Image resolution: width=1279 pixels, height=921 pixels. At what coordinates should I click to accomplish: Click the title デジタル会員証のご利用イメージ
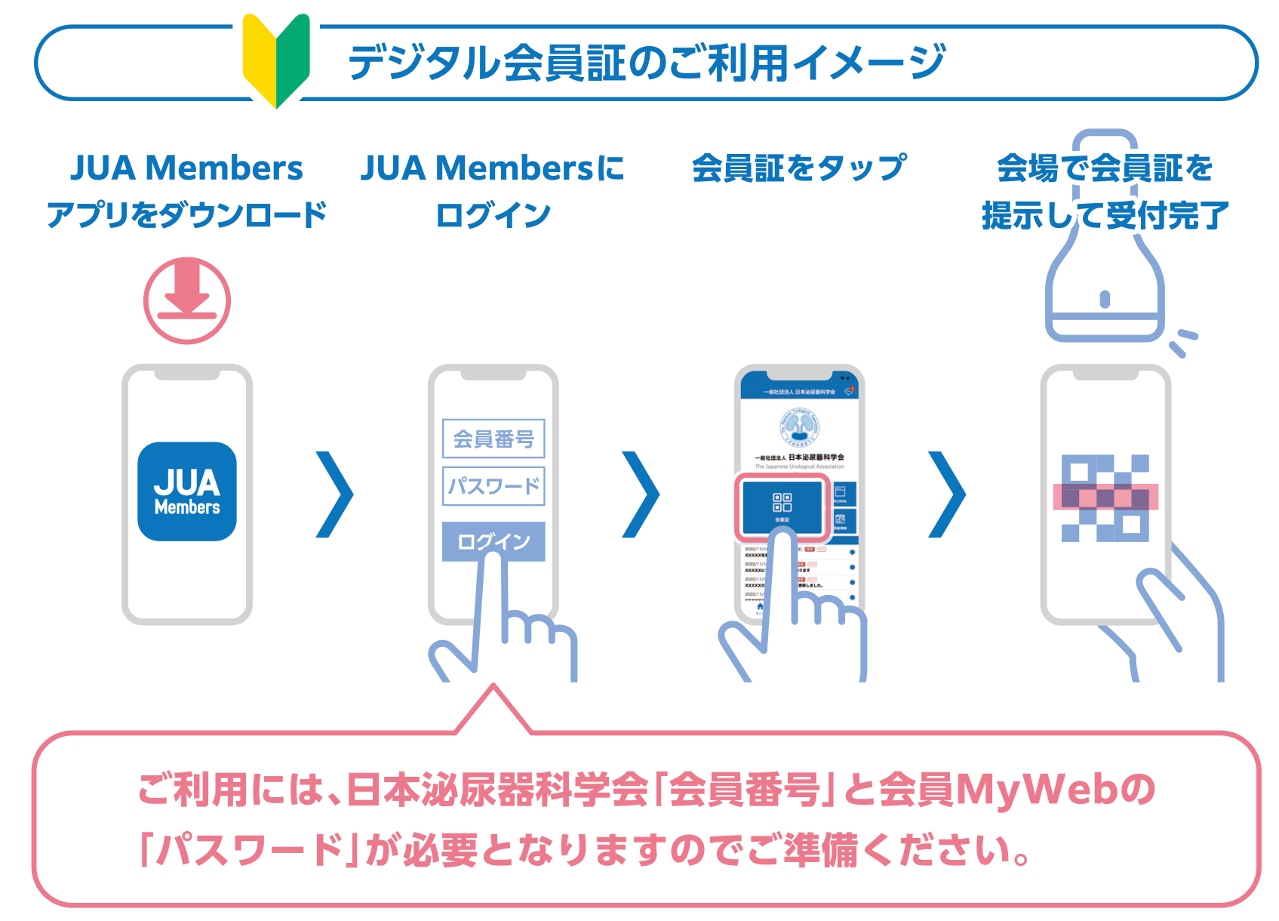(x=646, y=62)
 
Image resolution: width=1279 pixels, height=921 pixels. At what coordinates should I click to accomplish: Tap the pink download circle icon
(x=187, y=300)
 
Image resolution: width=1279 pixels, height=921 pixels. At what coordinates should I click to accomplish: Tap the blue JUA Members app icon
(x=187, y=491)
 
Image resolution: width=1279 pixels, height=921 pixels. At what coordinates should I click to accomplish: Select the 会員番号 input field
(x=493, y=439)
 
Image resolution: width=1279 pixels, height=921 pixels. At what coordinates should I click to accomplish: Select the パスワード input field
(x=493, y=486)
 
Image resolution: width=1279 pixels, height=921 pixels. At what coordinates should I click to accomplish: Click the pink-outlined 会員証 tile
(x=782, y=507)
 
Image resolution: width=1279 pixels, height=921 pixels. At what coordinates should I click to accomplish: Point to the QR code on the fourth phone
(x=1105, y=498)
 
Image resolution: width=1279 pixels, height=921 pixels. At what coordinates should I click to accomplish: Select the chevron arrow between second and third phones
(x=641, y=494)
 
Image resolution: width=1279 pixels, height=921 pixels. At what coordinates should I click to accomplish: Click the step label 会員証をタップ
(x=798, y=168)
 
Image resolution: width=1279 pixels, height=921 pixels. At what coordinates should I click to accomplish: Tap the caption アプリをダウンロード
(x=187, y=215)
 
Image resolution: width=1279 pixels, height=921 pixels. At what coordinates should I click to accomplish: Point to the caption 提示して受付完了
(x=1105, y=216)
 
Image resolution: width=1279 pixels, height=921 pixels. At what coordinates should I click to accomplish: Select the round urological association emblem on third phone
(x=799, y=427)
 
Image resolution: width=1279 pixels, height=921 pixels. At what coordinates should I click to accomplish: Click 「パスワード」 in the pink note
(x=249, y=850)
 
